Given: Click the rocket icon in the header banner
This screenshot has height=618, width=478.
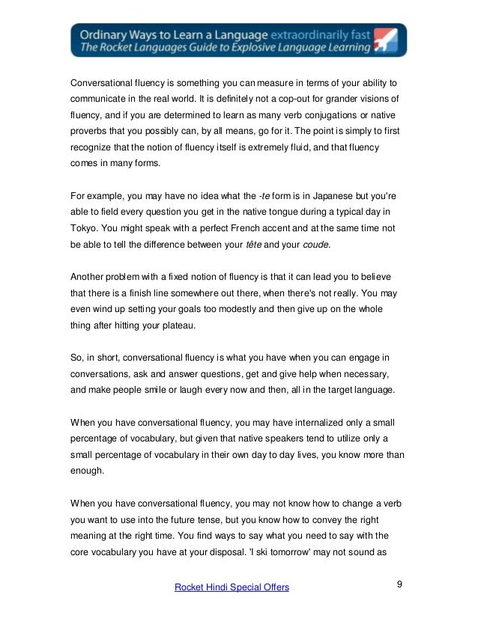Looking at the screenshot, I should (x=387, y=40).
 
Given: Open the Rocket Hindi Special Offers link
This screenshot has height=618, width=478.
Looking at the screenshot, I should (x=231, y=588).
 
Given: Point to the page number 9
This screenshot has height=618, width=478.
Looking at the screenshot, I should (x=399, y=584).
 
